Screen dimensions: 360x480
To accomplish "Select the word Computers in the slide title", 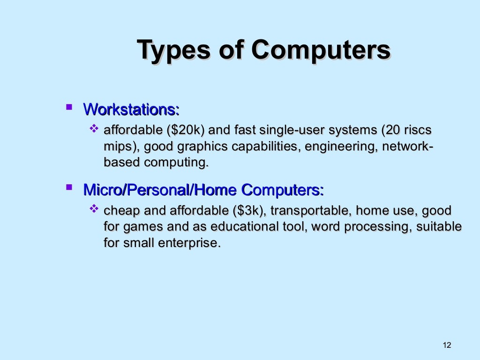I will click(321, 50).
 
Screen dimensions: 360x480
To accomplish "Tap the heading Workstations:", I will click(131, 110).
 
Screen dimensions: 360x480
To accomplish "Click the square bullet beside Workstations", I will click(69, 108).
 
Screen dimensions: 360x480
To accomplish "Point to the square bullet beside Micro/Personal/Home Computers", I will click(69, 188).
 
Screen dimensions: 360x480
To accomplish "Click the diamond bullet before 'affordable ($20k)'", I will click(93, 127).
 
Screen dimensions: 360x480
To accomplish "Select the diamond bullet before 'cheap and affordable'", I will click(93, 208).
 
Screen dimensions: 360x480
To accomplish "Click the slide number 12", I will click(446, 345).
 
